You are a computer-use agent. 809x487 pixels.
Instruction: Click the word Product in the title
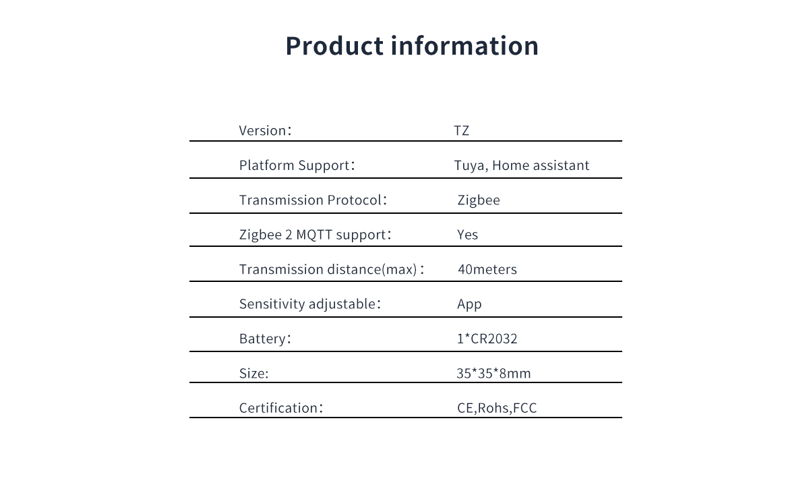(334, 46)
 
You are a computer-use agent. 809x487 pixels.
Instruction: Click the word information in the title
(465, 46)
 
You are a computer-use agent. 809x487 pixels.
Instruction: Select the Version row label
(265, 130)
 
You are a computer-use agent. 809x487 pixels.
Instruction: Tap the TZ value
(462, 130)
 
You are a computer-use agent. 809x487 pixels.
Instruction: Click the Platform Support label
(297, 165)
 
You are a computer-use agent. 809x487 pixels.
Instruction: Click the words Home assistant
(541, 165)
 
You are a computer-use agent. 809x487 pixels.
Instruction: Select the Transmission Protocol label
(313, 200)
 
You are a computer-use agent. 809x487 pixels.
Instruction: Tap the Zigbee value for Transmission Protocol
(479, 200)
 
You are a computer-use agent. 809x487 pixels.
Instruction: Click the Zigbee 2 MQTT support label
(315, 235)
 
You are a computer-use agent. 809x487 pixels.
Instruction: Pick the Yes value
(467, 235)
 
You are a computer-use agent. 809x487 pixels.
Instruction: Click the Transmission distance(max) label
(331, 269)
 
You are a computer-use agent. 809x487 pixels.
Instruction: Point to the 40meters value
(487, 269)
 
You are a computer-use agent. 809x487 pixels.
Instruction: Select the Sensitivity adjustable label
(310, 304)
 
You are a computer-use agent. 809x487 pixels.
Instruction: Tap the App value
(469, 304)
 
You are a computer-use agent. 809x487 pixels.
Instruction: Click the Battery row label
(265, 339)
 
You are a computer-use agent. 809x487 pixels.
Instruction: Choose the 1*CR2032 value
(487, 339)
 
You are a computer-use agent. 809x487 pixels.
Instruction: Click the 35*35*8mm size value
(493, 373)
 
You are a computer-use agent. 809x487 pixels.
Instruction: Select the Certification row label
(280, 408)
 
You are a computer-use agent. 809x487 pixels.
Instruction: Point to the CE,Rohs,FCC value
(497, 408)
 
